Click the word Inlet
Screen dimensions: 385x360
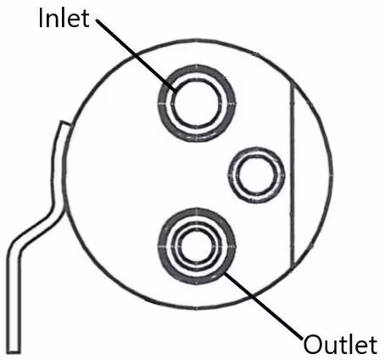pyautogui.click(x=64, y=18)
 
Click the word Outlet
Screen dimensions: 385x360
pyautogui.click(x=340, y=344)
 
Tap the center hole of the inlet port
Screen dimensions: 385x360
pyautogui.click(x=197, y=103)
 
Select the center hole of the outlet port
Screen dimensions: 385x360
pyautogui.click(x=197, y=245)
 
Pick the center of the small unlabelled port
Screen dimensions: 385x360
pyautogui.click(x=256, y=175)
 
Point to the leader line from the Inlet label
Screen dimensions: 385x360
pyautogui.click(x=137, y=56)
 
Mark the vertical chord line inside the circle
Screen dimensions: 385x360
pyautogui.click(x=293, y=175)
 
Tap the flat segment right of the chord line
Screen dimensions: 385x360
pyautogui.click(x=312, y=175)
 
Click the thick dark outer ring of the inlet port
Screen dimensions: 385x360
pyautogui.click(x=197, y=67)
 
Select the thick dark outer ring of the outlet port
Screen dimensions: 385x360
pyautogui.click(x=197, y=210)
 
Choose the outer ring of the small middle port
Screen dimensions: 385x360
pyautogui.click(x=256, y=149)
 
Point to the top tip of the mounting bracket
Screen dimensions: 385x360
pyautogui.click(x=65, y=123)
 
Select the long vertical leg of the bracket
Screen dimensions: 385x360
pyautogui.click(x=14, y=300)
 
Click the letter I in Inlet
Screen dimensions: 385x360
pyautogui.click(x=41, y=18)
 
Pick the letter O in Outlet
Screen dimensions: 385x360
pyautogui.click(x=313, y=345)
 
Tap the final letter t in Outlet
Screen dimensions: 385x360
pyautogui.click(x=373, y=345)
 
